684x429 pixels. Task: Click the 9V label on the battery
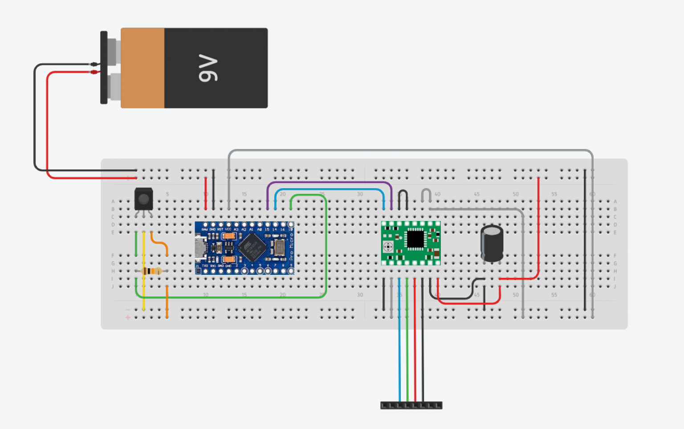[208, 68]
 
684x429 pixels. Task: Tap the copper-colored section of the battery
[142, 68]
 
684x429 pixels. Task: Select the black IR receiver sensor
[143, 199]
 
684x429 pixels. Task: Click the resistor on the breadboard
[151, 271]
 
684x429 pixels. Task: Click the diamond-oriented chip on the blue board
[252, 247]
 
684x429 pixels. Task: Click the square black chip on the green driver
[415, 239]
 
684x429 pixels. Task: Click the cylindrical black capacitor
[492, 243]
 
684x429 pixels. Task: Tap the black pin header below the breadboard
[411, 405]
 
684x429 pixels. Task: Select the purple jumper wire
[330, 182]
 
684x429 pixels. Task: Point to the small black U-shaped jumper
[403, 195]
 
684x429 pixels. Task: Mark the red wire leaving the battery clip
[47, 134]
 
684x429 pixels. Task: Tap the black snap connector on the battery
[104, 67]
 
